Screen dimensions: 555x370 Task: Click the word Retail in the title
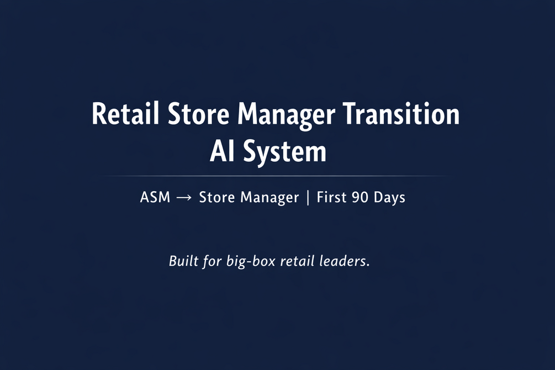[x=125, y=114]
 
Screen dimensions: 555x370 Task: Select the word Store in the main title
[x=198, y=114]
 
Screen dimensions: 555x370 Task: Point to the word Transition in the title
[x=401, y=114]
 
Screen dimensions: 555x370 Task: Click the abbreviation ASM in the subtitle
[x=155, y=197]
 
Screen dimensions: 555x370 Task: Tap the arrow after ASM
[x=184, y=198]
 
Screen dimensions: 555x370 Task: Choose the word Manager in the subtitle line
[x=269, y=198]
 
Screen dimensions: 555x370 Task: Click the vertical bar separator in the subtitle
[x=308, y=198]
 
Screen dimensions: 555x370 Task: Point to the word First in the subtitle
[x=331, y=197]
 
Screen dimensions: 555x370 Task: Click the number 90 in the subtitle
[x=360, y=197]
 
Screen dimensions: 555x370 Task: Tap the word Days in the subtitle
[x=390, y=198]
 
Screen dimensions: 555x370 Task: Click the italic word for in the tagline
[x=213, y=262]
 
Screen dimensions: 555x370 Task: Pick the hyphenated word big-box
[x=251, y=262]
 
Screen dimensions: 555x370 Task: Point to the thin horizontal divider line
[x=273, y=176]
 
